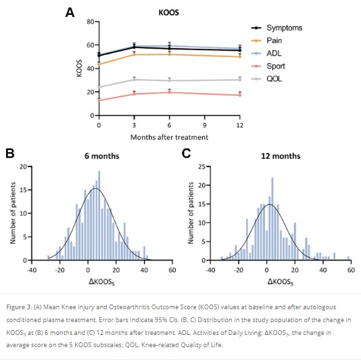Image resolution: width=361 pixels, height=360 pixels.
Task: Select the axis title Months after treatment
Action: point(169,137)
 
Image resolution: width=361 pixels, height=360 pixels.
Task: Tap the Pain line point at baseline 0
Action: point(99,64)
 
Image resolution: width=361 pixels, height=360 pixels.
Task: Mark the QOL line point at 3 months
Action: point(135,79)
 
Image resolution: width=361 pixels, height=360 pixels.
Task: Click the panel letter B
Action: point(9,153)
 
